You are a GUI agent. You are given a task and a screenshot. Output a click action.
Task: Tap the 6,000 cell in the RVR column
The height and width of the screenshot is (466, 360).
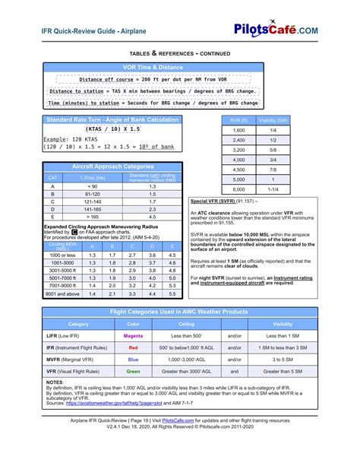point(238,189)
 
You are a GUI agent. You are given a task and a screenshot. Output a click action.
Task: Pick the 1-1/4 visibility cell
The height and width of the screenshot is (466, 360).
point(273,189)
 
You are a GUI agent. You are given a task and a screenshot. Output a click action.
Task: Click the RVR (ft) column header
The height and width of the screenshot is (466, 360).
point(238,120)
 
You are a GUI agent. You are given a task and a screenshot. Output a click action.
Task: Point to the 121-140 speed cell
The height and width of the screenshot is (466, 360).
point(93,201)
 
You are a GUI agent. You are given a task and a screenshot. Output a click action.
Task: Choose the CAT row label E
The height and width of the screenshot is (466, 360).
point(52,217)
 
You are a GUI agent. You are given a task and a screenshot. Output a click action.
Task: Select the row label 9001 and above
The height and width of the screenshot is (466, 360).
point(62,293)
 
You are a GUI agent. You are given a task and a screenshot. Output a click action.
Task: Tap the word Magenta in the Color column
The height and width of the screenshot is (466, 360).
point(133,335)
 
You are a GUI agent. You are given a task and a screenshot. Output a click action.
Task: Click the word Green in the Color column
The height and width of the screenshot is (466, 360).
point(133,372)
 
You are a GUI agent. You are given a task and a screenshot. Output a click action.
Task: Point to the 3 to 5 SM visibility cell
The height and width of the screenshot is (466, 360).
point(282,360)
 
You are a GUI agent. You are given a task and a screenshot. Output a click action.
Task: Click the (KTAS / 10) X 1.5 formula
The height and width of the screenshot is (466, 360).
point(112,129)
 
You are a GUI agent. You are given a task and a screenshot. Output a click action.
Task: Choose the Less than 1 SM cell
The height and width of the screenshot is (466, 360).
point(282,335)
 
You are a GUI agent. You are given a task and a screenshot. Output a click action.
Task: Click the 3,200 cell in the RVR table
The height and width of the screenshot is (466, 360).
point(238,150)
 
